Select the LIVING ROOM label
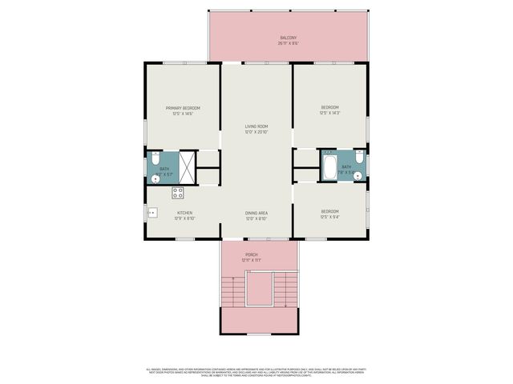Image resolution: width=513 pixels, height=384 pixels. click(x=256, y=126)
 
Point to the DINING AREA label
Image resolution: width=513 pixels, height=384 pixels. click(x=256, y=213)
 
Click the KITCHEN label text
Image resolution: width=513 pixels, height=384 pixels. click(x=185, y=213)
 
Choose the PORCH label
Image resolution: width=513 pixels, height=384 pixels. click(x=252, y=255)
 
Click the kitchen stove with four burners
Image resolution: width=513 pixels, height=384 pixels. click(x=178, y=193)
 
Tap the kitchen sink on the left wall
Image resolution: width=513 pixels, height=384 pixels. click(x=151, y=213)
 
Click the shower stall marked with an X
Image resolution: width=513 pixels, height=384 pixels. click(x=187, y=167)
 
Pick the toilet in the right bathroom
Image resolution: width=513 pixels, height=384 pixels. click(x=359, y=158)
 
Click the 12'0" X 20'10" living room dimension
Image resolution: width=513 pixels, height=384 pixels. click(x=256, y=132)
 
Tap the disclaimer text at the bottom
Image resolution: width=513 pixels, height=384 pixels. click(x=256, y=371)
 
